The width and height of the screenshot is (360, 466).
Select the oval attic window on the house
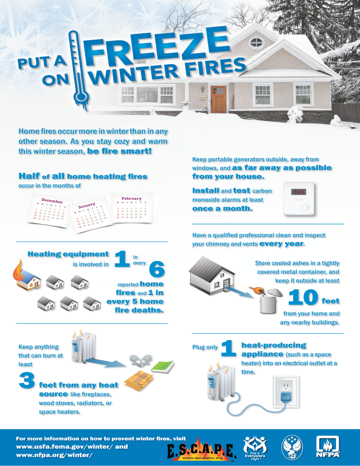point(256,42)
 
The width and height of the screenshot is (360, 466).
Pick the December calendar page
point(50,210)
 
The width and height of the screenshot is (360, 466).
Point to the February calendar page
point(132,208)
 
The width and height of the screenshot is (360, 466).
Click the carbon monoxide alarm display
point(298,192)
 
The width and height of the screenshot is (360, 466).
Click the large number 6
point(157,269)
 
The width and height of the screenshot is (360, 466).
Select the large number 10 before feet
point(303,297)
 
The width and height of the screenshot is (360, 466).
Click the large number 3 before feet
point(27,380)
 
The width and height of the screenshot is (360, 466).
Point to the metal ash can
point(268,304)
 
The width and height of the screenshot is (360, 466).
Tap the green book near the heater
point(163,366)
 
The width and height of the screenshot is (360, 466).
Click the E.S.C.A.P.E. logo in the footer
point(201,450)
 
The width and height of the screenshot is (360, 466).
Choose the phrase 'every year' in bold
point(281,244)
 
